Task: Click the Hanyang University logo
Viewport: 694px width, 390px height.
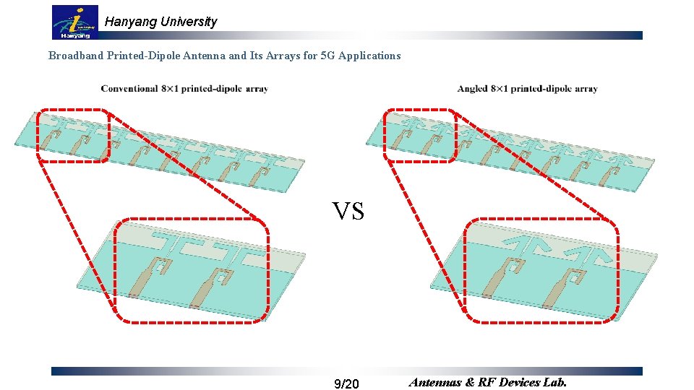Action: click(x=75, y=22)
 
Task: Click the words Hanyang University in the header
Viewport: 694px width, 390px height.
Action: click(x=160, y=22)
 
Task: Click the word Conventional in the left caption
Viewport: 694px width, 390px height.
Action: click(x=129, y=89)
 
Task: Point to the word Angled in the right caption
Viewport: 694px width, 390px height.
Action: click(x=472, y=89)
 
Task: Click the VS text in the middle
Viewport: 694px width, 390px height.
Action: click(x=348, y=211)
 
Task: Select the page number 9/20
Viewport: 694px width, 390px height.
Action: click(x=347, y=383)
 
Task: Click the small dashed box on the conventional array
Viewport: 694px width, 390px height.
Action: click(x=74, y=136)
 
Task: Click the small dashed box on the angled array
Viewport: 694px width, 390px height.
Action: click(x=421, y=136)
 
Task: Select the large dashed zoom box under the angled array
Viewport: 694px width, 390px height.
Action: click(x=541, y=269)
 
